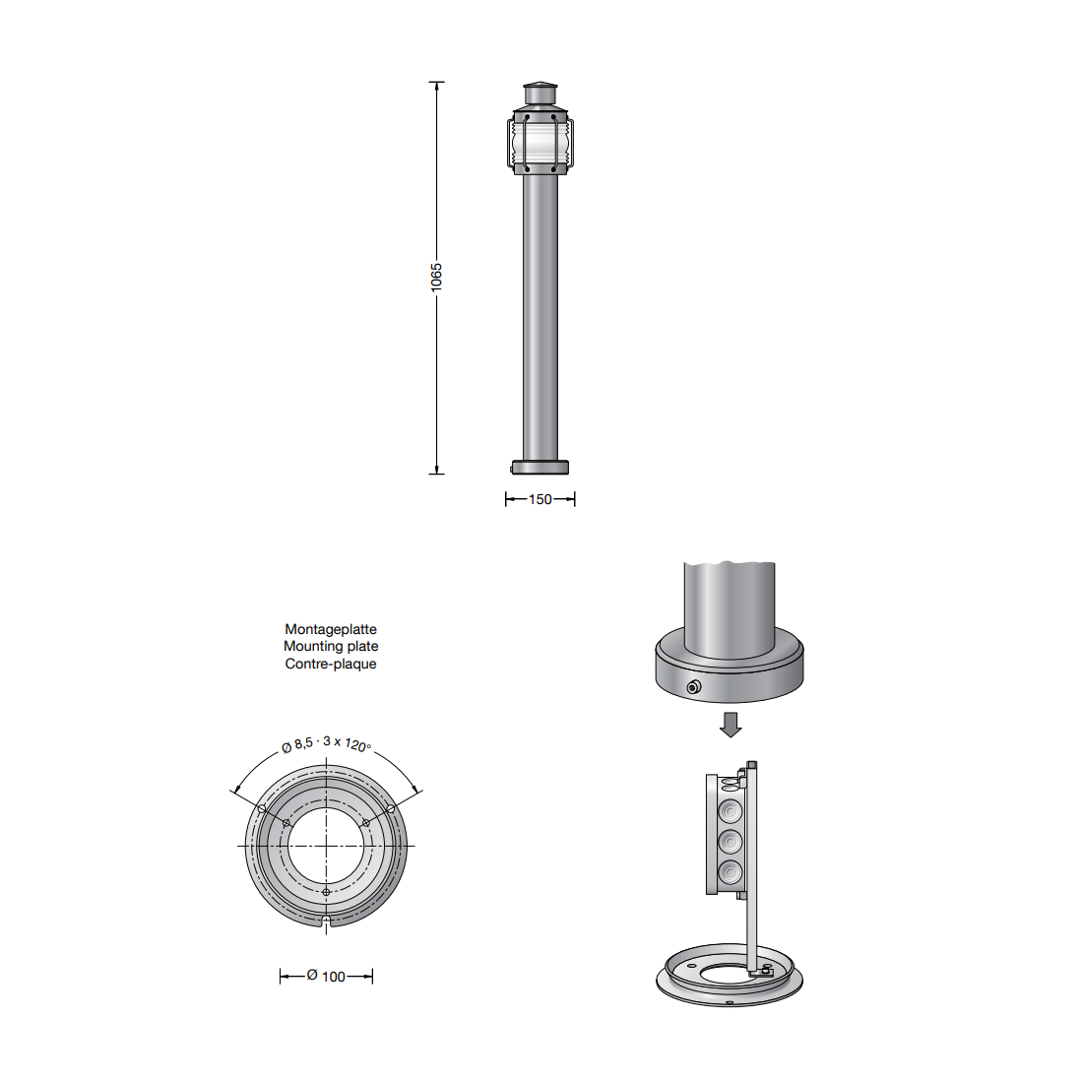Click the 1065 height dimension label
point(436,278)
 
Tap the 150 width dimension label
point(540,499)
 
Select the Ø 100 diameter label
point(326,976)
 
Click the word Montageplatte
point(331,629)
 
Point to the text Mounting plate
point(331,646)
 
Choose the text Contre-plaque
point(331,664)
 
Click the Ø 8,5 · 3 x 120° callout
point(326,744)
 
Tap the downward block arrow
point(731,725)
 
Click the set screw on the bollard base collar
point(693,686)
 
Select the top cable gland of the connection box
point(731,811)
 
